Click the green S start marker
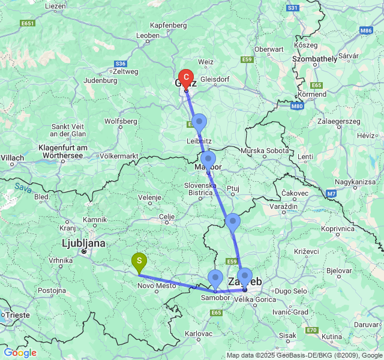point(139,261)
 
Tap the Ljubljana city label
point(83,243)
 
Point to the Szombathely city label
point(314,59)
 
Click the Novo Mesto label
point(157,286)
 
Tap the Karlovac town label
point(199,333)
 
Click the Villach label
point(12,158)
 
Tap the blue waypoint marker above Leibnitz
point(199,122)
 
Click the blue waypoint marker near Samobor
point(215,278)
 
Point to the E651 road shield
point(27,23)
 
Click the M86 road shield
point(366,29)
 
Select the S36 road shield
point(121,64)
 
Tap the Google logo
point(20,353)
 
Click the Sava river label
point(23,187)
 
